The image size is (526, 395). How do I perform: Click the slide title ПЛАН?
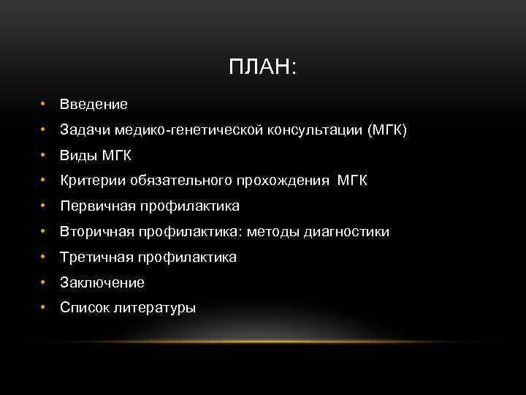pos(263,68)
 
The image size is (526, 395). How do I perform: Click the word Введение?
pos(94,105)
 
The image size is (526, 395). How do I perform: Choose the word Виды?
pos(77,156)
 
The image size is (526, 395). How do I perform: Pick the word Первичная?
pos(93,206)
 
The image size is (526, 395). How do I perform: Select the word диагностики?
pos(346,232)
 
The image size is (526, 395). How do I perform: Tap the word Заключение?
pos(102,282)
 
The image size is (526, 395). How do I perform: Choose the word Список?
pos(84,308)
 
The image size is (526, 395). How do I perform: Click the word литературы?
pos(154,308)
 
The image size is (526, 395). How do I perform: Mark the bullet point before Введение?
pos(45,105)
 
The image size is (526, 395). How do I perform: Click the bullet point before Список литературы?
pos(45,308)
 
